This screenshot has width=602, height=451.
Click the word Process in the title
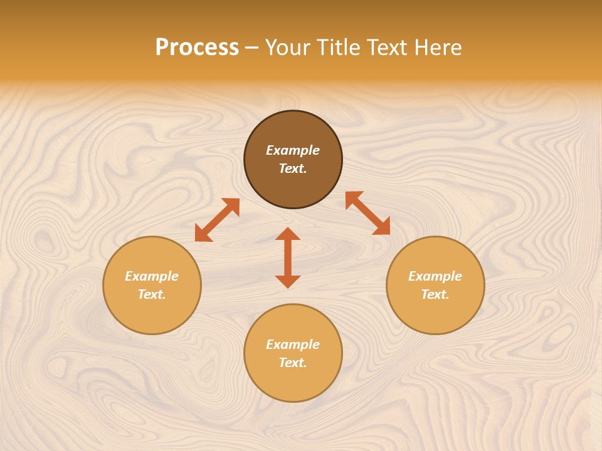[197, 48]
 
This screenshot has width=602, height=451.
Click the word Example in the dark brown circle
[293, 150]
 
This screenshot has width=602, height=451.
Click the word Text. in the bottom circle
[293, 363]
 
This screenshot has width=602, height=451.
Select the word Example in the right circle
[435, 276]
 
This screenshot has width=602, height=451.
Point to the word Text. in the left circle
[152, 294]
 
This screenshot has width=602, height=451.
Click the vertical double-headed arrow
[288, 257]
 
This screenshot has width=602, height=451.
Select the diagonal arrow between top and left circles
[217, 220]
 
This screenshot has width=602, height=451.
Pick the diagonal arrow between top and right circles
[367, 213]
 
